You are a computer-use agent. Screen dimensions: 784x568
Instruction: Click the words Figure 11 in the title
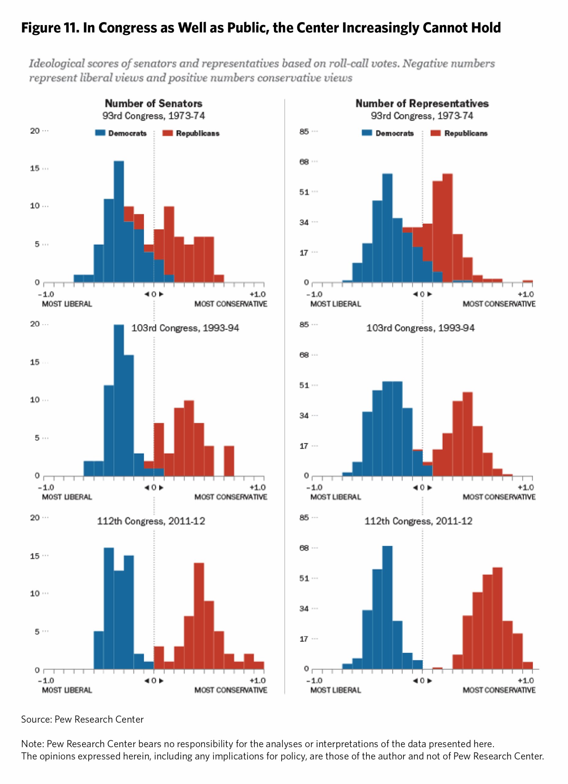[x=50, y=28]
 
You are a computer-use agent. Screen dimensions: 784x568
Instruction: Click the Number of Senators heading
[x=153, y=103]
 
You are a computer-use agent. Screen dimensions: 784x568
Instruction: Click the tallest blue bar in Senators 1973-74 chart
[x=119, y=221]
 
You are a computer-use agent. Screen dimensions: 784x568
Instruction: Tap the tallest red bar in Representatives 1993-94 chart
[x=467, y=434]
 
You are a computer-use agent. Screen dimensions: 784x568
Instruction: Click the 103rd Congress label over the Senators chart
[x=185, y=328]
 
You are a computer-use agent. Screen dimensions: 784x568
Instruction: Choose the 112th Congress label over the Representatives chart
[x=418, y=521]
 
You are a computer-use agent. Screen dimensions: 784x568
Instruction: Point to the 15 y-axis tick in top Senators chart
[x=35, y=168]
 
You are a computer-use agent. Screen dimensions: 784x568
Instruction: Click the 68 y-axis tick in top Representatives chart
[x=304, y=162]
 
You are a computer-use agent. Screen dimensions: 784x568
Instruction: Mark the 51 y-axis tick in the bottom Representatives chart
[x=304, y=578]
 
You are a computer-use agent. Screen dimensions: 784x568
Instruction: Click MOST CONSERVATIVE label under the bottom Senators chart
[x=230, y=690]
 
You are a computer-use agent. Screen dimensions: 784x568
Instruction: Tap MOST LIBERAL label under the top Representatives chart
[x=335, y=304]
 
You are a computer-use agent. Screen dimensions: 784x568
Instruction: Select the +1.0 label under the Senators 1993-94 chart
[x=257, y=488]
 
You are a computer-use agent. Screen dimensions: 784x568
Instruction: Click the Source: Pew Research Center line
[x=82, y=719]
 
